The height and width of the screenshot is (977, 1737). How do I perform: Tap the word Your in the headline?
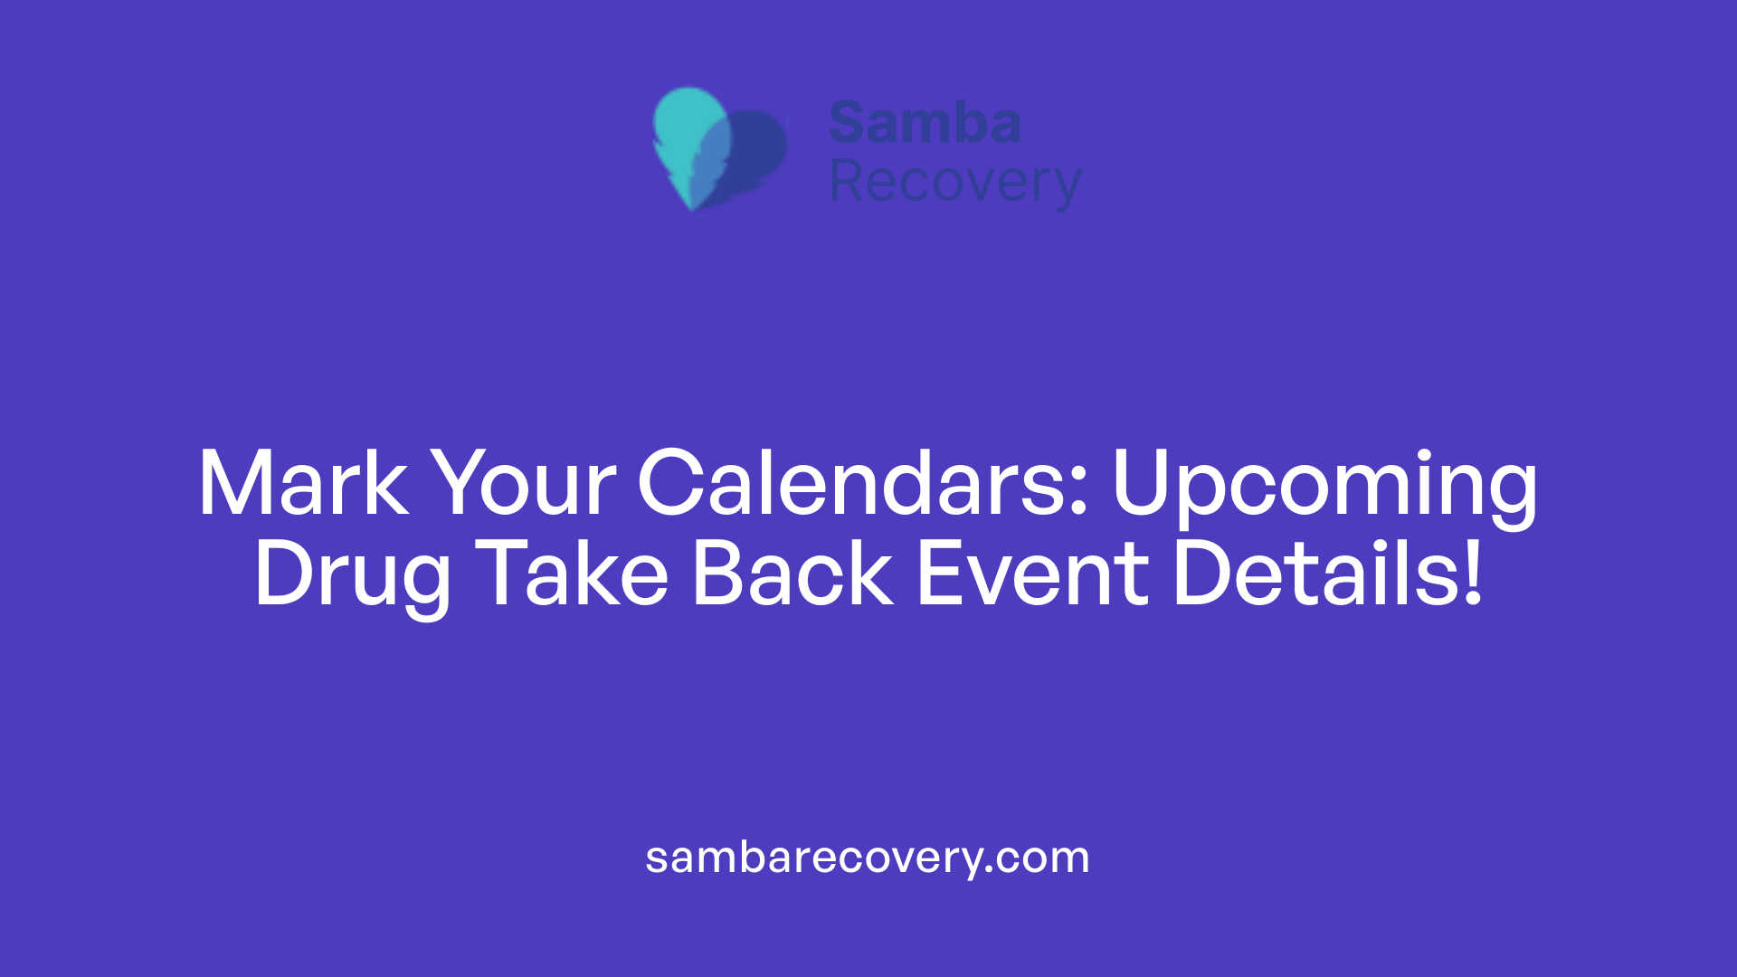522,484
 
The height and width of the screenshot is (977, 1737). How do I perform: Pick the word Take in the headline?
572,574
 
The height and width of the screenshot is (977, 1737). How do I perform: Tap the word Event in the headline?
1032,574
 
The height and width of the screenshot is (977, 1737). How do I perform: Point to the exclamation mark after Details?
1473,574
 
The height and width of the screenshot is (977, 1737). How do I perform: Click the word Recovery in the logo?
954,183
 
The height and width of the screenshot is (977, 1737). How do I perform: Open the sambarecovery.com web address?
868,858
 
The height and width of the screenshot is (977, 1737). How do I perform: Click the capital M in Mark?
233,484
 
